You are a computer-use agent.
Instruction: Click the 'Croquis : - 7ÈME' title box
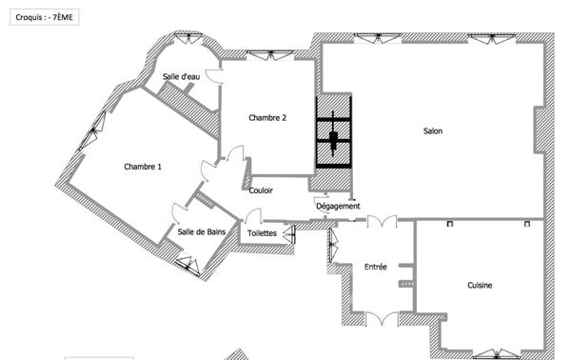click(45, 17)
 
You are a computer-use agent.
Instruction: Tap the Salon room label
click(433, 131)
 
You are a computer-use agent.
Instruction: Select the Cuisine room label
click(480, 286)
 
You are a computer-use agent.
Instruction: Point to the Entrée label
click(376, 267)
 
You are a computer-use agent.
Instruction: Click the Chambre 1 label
click(143, 167)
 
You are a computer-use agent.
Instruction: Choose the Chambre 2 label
click(267, 118)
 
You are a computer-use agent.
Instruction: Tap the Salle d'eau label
click(181, 76)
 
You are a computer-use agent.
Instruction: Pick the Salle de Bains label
click(202, 231)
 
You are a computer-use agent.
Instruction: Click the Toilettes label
click(262, 233)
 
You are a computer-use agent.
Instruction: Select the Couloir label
click(261, 190)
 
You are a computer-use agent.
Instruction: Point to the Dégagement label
click(338, 207)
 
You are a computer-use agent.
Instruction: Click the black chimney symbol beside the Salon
click(334, 131)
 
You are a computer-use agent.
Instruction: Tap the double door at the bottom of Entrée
click(382, 318)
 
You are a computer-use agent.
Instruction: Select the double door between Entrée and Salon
click(382, 221)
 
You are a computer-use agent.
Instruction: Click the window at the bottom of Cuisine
click(497, 353)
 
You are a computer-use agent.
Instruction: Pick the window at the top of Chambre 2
click(270, 55)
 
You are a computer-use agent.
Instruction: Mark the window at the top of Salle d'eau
click(187, 37)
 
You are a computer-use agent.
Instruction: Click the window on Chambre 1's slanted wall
click(93, 130)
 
